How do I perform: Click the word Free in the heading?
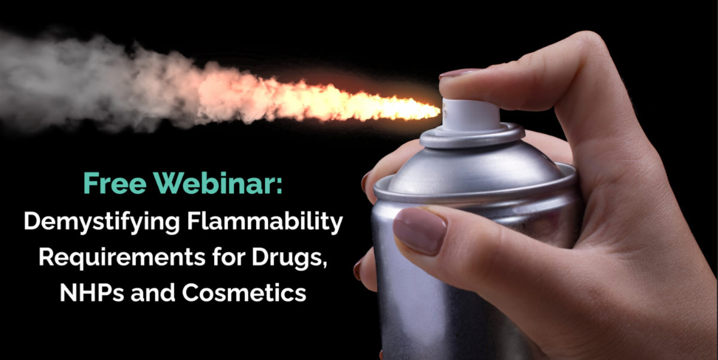pos(115,183)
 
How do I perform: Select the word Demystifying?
pos(102,222)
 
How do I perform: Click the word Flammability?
pos(264,222)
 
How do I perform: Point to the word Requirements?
pos(122,258)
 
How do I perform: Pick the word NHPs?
pos(92,293)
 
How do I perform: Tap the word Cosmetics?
pos(244,293)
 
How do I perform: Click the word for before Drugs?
pos(228,257)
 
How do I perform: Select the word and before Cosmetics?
pos(153,292)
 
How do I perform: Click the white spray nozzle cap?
pos(470,115)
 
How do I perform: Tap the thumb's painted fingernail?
pos(419,230)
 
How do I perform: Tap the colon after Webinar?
pos(279,186)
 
